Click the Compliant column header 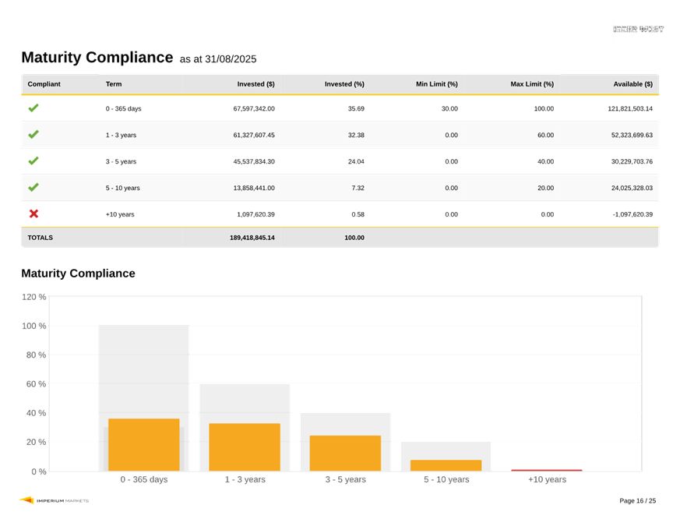click(44, 84)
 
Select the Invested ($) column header click(255, 84)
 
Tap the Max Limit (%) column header click(532, 84)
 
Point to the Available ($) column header click(632, 84)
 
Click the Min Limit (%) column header click(436, 84)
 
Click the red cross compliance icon click(33, 214)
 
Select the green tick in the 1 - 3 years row click(33, 135)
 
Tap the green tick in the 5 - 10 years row click(33, 188)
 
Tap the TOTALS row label click(41, 238)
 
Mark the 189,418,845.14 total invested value click(252, 238)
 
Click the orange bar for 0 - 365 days click(144, 444)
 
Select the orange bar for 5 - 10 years click(446, 465)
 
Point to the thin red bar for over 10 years click(546, 470)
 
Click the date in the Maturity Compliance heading click(231, 59)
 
